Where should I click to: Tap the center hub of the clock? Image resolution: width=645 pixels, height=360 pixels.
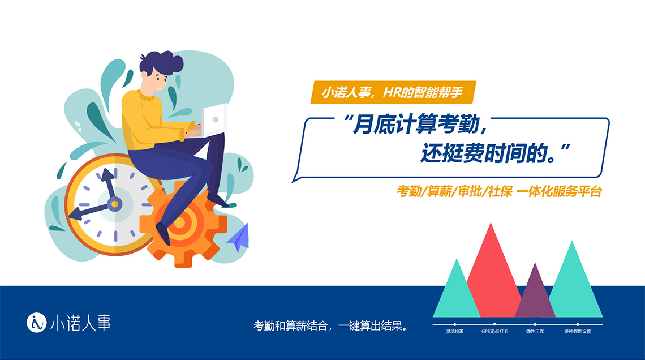point(115,204)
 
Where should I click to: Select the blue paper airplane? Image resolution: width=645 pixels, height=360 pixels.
point(239,238)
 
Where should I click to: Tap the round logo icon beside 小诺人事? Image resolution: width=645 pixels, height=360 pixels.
point(37,323)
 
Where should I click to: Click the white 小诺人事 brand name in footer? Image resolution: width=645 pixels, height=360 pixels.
point(80,323)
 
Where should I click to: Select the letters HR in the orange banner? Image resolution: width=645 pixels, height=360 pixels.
point(392,92)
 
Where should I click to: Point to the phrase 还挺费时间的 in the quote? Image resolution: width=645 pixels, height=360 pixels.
point(485,153)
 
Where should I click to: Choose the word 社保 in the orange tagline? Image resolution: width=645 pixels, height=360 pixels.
point(500,191)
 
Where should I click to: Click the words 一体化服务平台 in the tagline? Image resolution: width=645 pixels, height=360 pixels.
point(559,191)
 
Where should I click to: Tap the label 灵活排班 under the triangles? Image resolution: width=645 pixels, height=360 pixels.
point(454,331)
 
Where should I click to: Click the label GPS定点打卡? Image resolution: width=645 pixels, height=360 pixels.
point(494,331)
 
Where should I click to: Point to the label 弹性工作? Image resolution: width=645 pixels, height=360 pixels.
point(535,331)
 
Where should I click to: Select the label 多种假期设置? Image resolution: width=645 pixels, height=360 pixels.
point(578,331)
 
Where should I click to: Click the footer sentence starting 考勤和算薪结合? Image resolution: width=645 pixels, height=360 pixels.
point(330,326)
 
